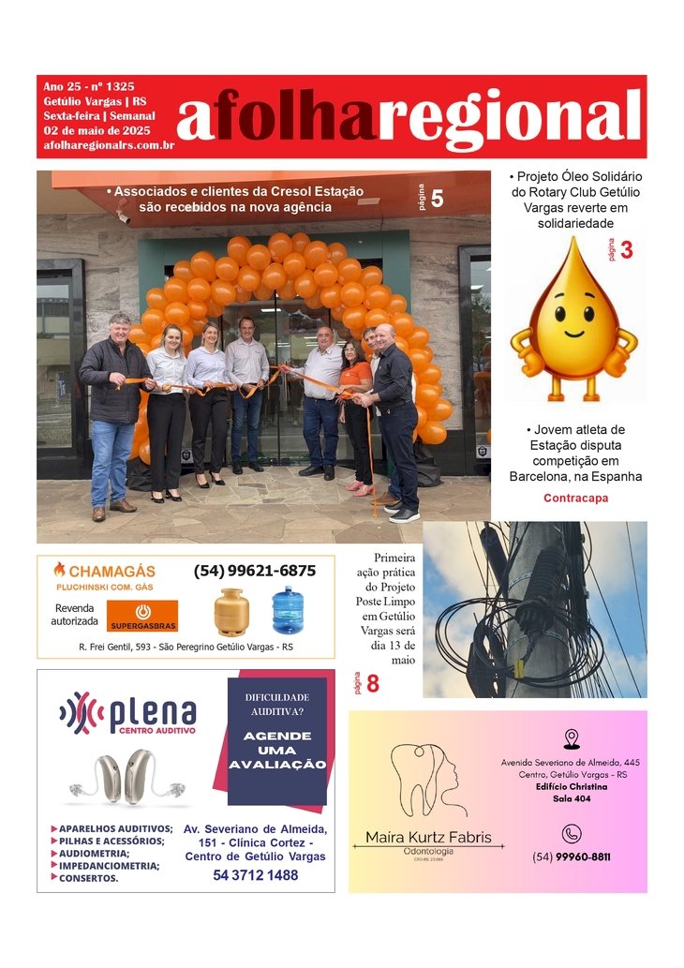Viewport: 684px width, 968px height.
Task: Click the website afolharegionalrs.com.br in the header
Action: pos(109,145)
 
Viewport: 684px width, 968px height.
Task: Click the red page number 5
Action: pos(437,198)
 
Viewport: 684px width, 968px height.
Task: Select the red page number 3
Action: pos(627,250)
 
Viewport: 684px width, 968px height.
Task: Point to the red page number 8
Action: pos(372,684)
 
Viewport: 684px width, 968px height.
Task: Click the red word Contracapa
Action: pos(575,499)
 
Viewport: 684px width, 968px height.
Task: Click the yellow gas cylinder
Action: pos(230,612)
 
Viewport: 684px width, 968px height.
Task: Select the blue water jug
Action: pos(288,610)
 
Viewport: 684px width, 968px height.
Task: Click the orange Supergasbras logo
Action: pos(142,616)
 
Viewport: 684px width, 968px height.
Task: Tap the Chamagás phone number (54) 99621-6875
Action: pos(254,571)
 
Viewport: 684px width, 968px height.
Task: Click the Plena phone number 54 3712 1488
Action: pos(255,875)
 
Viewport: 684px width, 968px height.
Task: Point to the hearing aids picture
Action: pos(125,776)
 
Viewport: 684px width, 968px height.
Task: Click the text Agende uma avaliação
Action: pos(276,751)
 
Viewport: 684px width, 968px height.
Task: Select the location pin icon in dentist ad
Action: pos(572,739)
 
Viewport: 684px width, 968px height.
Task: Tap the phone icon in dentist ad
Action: pos(571,834)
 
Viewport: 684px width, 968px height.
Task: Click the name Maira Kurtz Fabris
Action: pos(427,837)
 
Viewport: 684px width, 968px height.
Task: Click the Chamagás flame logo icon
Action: pos(60,570)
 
